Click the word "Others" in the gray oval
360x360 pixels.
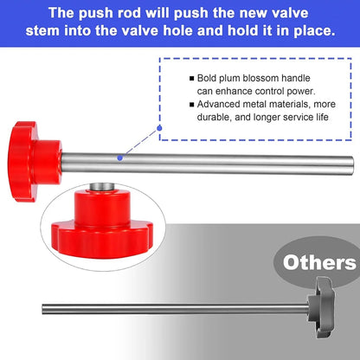pyautogui.click(x=319, y=263)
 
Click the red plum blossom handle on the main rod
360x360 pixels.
pyautogui.click(x=34, y=162)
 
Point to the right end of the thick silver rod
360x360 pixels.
pyautogui.click(x=352, y=165)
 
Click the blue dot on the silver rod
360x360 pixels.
pyautogui.click(x=120, y=157)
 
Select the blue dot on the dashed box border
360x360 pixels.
pyautogui.click(x=159, y=128)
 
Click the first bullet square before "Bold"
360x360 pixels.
pyautogui.click(x=192, y=79)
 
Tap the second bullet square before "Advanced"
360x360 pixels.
pyautogui.click(x=192, y=105)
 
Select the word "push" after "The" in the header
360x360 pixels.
pyautogui.click(x=96, y=13)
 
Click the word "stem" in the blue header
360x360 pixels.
pyautogui.click(x=42, y=30)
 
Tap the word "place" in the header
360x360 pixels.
pyautogui.click(x=315, y=31)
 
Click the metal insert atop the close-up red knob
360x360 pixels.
pyautogui.click(x=101, y=187)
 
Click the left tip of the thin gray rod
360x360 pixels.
pyautogui.click(x=42, y=309)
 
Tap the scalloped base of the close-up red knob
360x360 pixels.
pyautogui.click(x=102, y=240)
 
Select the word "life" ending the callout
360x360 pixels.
pyautogui.click(x=322, y=117)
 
